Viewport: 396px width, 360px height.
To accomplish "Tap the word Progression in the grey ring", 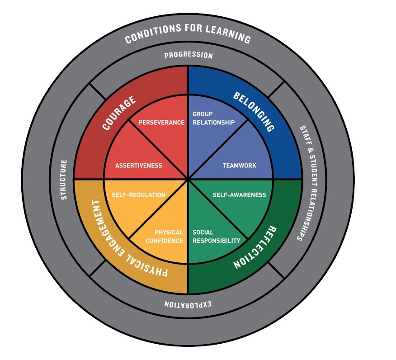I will click(188, 56).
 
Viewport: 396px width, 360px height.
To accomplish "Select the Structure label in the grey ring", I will click(64, 180).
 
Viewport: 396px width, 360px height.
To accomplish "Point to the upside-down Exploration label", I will click(188, 304).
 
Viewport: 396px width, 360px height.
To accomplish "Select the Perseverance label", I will click(161, 123).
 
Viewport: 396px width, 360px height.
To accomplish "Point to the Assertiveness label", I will click(138, 166).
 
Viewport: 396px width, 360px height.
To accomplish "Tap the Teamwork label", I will click(239, 166).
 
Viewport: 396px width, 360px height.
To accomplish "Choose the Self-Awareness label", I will click(239, 195).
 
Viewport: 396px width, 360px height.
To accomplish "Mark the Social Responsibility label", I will click(217, 237).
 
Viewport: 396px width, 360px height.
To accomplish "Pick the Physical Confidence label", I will click(164, 237).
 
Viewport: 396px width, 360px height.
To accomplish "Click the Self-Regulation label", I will click(138, 195).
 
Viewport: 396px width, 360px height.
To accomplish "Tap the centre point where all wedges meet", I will click(188, 180).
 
